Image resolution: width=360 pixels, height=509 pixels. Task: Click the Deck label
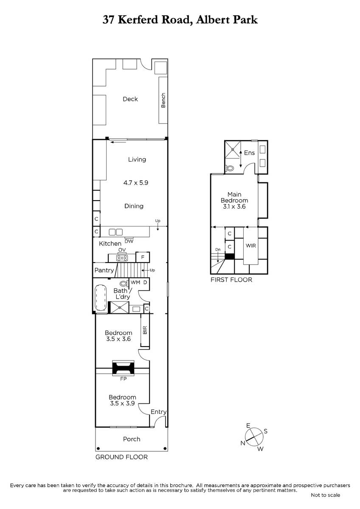click(130, 99)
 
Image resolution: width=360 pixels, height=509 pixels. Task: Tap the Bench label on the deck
click(163, 100)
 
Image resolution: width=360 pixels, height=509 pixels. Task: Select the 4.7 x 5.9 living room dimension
click(136, 183)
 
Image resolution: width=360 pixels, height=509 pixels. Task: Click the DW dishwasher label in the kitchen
click(129, 241)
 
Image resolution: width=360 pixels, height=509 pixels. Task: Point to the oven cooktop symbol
click(122, 258)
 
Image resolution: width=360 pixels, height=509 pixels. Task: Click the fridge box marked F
click(143, 257)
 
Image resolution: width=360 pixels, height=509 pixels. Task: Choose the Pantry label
click(104, 270)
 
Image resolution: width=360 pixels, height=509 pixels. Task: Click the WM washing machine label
click(135, 282)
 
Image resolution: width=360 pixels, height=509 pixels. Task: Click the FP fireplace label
click(123, 379)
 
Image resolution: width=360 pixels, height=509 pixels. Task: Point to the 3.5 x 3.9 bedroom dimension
click(122, 403)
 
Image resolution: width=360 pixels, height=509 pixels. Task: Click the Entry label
click(158, 412)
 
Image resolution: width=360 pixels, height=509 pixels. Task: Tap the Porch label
click(132, 439)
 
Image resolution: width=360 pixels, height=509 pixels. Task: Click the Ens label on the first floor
click(249, 153)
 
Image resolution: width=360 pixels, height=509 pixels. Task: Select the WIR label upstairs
click(251, 246)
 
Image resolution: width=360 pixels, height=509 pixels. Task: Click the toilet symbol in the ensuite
click(230, 168)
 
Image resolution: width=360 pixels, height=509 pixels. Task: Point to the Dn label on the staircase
click(218, 249)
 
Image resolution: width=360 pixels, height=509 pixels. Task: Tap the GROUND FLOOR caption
click(121, 457)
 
